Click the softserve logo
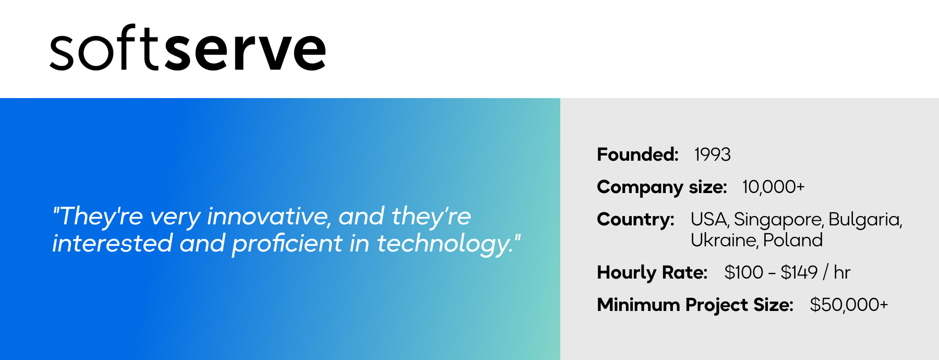[x=188, y=48]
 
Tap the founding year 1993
[x=712, y=154]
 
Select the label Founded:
[x=637, y=154]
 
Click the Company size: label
[x=662, y=187]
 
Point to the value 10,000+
[x=774, y=187]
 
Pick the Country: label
[x=636, y=220]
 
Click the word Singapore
[x=779, y=220]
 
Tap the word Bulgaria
[x=865, y=220]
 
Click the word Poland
[x=793, y=240]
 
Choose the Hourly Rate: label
[x=652, y=273]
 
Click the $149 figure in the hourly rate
[x=799, y=272]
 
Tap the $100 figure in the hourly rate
[x=744, y=272]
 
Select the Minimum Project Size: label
[x=695, y=305]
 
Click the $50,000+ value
[x=849, y=305]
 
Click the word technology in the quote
[x=446, y=244]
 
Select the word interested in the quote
[x=113, y=244]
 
